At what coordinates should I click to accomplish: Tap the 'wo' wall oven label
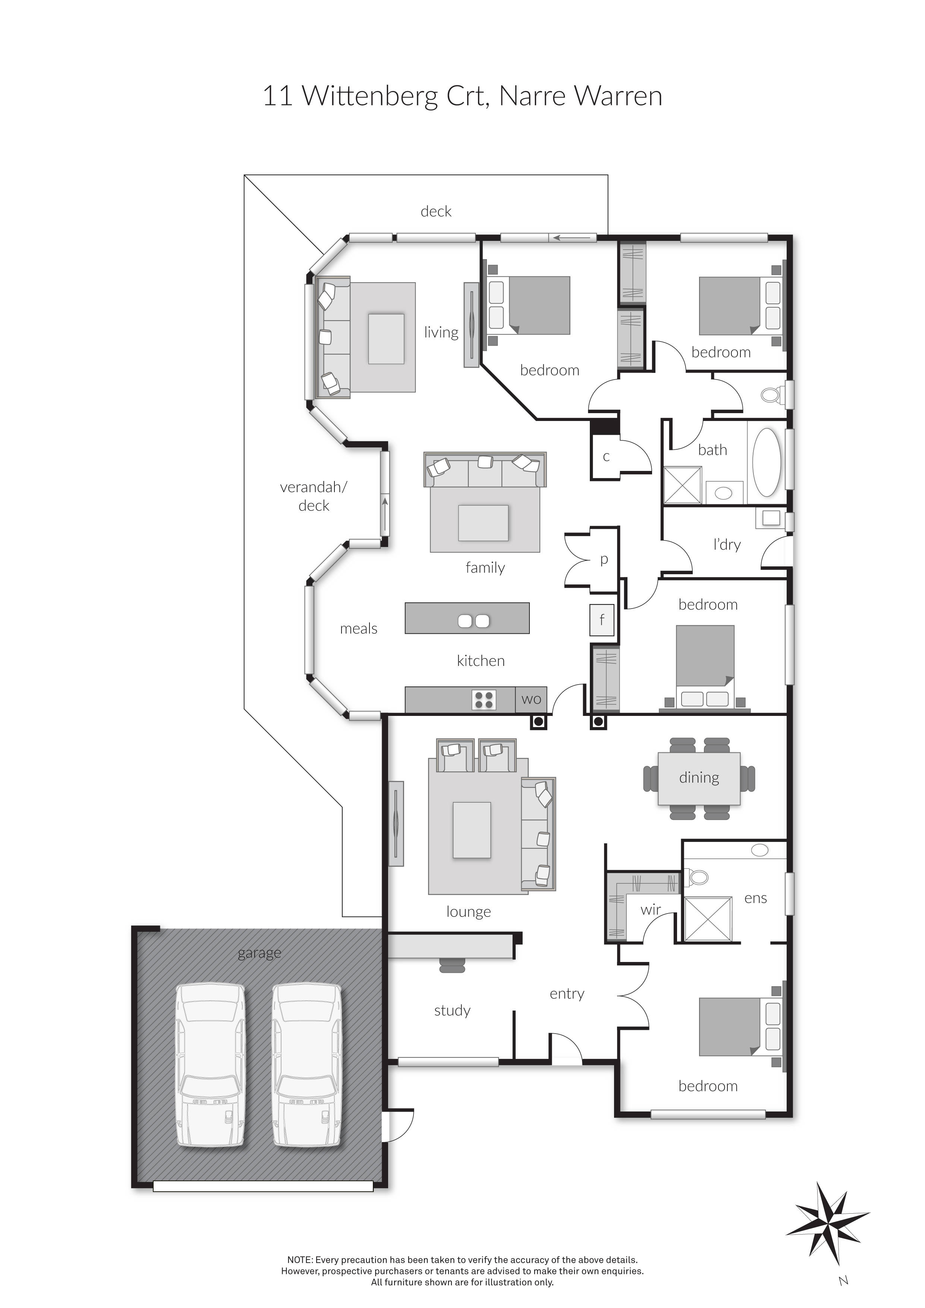(x=531, y=699)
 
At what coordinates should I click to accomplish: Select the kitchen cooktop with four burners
(x=484, y=699)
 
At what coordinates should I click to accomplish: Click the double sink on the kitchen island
(x=473, y=621)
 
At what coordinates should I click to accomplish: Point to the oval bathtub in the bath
(x=766, y=462)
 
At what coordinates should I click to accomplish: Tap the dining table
(x=699, y=778)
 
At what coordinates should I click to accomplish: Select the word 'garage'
(x=259, y=953)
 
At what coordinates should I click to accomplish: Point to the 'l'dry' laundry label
(x=727, y=545)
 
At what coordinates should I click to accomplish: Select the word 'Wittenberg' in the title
(x=369, y=96)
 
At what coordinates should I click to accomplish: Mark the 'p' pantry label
(x=604, y=559)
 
